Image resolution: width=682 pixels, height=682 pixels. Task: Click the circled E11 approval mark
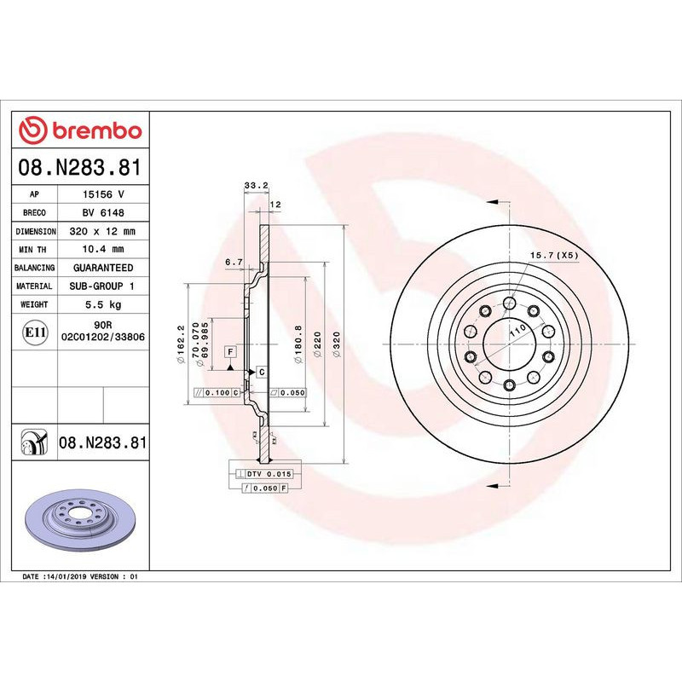tap(34, 331)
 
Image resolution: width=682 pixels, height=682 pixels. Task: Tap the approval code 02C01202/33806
tap(103, 337)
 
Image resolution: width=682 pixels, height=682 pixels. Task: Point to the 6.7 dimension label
tap(234, 262)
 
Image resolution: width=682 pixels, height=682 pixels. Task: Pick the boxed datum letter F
tap(230, 351)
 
